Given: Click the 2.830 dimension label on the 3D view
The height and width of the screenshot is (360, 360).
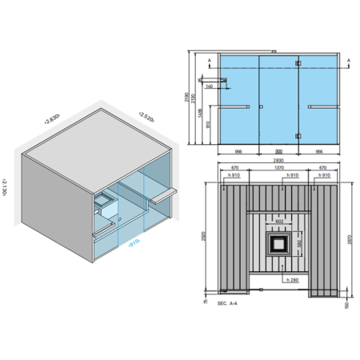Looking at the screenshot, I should (53, 119).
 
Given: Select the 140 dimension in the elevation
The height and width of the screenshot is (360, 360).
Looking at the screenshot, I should (209, 86).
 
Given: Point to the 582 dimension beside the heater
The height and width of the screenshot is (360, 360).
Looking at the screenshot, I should (299, 242).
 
